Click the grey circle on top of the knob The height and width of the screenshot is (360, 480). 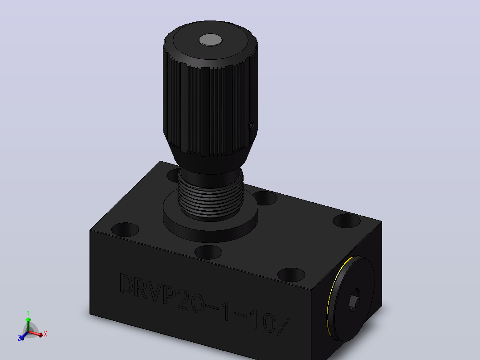(x=210, y=40)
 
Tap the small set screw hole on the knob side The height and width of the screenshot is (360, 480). (x=251, y=126)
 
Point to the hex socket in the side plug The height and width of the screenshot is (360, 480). (x=354, y=300)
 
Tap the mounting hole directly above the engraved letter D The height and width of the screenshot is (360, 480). (x=125, y=229)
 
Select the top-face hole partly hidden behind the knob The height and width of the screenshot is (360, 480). (x=173, y=175)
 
